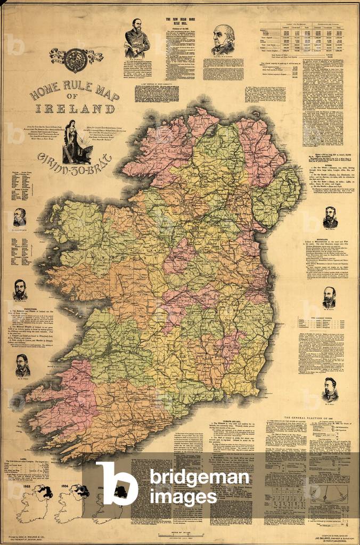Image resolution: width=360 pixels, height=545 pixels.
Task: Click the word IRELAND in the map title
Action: [x=75, y=109]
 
